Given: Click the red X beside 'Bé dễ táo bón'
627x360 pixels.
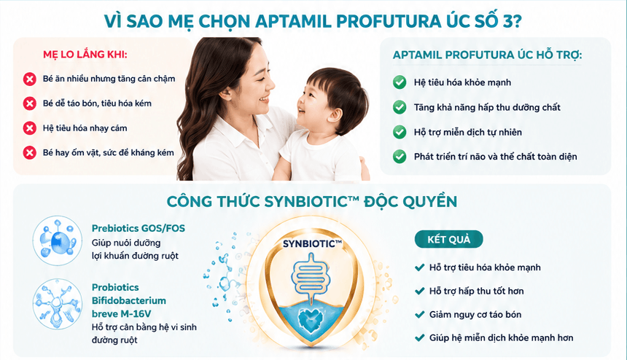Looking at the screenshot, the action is [29, 103].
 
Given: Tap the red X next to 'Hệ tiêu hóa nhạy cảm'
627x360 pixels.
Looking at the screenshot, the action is [29, 128].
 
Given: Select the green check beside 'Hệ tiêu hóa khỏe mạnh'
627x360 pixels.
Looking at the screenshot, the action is [400, 82].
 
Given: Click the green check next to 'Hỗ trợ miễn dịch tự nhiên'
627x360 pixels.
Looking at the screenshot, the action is [400, 132].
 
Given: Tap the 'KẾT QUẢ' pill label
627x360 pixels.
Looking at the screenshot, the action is [448, 239].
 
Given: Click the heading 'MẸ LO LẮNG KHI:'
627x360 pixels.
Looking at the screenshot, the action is [85, 55].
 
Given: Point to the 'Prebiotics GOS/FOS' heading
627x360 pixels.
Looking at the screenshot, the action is [139, 228].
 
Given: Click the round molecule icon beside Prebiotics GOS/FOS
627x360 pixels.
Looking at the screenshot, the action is [57, 240].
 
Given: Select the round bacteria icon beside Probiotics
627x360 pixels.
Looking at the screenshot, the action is [57, 304].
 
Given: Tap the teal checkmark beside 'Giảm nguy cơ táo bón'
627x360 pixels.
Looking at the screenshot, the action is [419, 314].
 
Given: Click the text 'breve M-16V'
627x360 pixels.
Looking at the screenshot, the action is [121, 313].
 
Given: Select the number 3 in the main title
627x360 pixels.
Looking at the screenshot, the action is [507, 21].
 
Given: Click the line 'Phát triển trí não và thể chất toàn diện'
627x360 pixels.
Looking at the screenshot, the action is [496, 157].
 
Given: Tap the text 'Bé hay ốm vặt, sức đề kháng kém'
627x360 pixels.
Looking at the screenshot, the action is [109, 152].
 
